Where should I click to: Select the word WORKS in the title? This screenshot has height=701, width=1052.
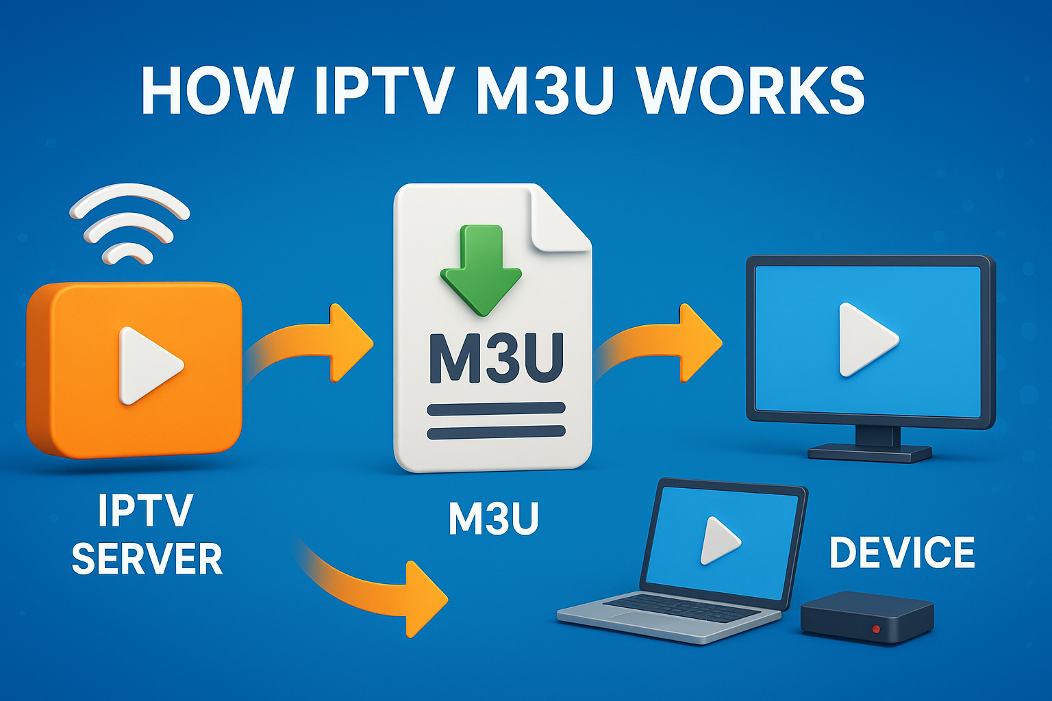pyautogui.click(x=751, y=91)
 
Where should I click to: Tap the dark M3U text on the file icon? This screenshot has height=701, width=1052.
pyautogui.click(x=496, y=358)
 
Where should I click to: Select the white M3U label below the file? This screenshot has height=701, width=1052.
pyautogui.click(x=493, y=519)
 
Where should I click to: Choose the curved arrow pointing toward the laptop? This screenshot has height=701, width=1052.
pyautogui.click(x=384, y=589)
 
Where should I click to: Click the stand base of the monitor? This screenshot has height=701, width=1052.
pyautogui.click(x=869, y=453)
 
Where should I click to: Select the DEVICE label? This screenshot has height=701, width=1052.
pyautogui.click(x=902, y=552)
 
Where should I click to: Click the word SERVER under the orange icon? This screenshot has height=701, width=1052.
pyautogui.click(x=147, y=559)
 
